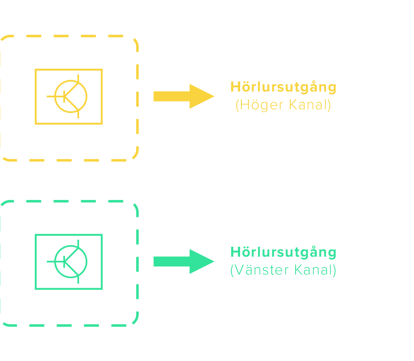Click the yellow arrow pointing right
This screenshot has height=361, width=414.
coord(182,96)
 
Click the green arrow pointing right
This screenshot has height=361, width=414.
coord(182,261)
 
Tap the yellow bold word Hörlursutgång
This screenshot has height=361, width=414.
coord(284,87)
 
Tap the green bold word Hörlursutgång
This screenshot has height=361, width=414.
coord(284,252)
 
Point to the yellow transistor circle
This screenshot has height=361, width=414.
coord(71,96)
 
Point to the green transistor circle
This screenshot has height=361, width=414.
coord(71,261)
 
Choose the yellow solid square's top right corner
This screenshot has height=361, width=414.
coord(102,70)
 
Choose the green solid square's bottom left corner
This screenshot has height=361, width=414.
coord(36,289)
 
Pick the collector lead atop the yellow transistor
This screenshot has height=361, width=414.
coord(78,79)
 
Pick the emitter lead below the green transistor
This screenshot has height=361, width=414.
coord(78,279)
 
